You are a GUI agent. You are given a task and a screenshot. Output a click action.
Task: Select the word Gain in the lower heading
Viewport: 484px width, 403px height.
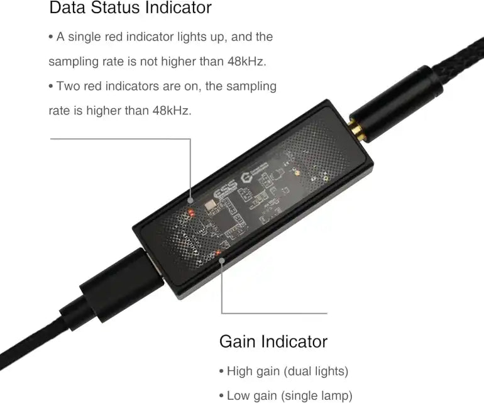click(238, 341)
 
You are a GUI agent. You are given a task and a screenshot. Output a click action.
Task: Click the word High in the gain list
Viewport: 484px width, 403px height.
click(241, 371)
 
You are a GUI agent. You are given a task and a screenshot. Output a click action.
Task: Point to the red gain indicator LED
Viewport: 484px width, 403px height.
click(217, 253)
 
